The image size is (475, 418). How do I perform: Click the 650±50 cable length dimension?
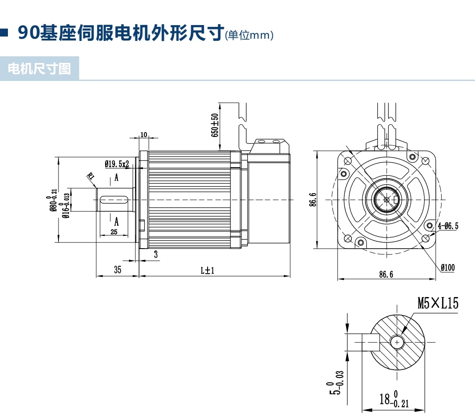click(215, 125)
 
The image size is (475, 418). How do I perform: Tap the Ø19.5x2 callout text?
click(117, 164)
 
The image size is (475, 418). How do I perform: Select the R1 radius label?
click(91, 176)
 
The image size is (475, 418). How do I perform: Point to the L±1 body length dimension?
click(207, 270)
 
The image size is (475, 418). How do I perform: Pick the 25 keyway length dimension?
click(114, 232)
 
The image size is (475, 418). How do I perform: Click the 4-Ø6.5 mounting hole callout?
click(448, 226)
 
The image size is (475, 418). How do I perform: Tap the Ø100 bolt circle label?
click(448, 267)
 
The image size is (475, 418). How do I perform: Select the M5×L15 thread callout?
click(438, 303)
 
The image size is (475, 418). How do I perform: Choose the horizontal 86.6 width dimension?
click(386, 274)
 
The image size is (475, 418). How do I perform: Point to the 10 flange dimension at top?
click(143, 135)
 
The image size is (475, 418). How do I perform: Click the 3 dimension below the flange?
click(156, 254)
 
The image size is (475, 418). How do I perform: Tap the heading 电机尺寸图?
click(40, 69)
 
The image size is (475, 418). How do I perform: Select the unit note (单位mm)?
click(249, 35)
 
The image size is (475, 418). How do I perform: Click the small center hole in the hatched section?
click(397, 342)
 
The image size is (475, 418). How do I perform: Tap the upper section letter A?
click(117, 178)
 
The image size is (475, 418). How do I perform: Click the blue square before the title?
click(4, 33)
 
